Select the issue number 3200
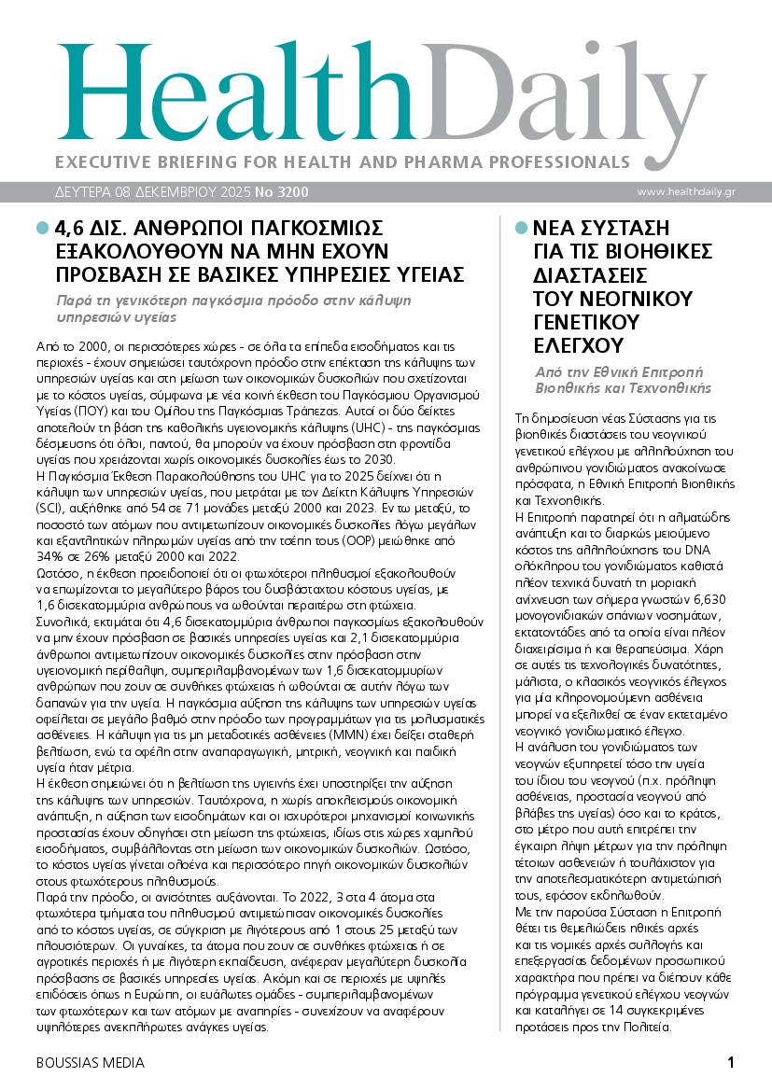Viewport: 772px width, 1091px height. pos(289,192)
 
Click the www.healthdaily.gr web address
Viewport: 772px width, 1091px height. pos(685,192)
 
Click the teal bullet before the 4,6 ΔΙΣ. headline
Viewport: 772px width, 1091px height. pos(41,227)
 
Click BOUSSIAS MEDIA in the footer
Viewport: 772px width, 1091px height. pos(90,1062)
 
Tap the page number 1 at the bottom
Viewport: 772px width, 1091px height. pos(731,1062)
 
